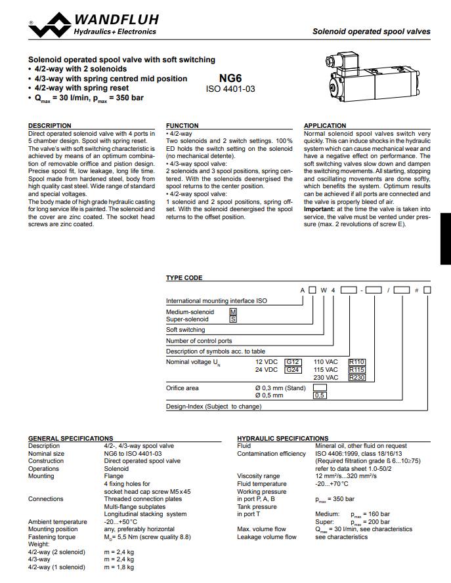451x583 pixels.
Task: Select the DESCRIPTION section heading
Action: pyautogui.click(x=50, y=125)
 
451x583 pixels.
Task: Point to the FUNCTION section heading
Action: pyautogui.click(x=183, y=125)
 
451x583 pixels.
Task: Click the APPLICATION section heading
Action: pyautogui.click(x=325, y=125)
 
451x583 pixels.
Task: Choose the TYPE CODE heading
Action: pyautogui.click(x=184, y=278)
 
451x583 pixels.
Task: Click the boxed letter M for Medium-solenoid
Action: pyautogui.click(x=232, y=312)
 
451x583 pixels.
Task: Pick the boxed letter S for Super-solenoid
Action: pyautogui.click(x=232, y=319)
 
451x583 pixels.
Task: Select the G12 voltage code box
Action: pyautogui.click(x=293, y=362)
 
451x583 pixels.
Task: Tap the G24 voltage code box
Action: pyautogui.click(x=293, y=370)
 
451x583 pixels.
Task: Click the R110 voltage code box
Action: pyautogui.click(x=356, y=362)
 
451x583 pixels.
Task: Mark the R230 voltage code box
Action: pyautogui.click(x=356, y=378)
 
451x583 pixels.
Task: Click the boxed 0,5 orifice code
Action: pyautogui.click(x=320, y=395)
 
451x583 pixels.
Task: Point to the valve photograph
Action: pyautogui.click(x=364, y=77)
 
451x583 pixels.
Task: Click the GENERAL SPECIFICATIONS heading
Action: pyautogui.click(x=71, y=438)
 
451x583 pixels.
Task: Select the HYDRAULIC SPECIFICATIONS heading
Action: pyautogui.click(x=282, y=438)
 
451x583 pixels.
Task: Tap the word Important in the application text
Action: pyautogui.click(x=319, y=209)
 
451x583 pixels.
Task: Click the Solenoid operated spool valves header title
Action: pyautogui.click(x=371, y=31)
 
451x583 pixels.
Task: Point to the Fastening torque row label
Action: pyautogui.click(x=51, y=536)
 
